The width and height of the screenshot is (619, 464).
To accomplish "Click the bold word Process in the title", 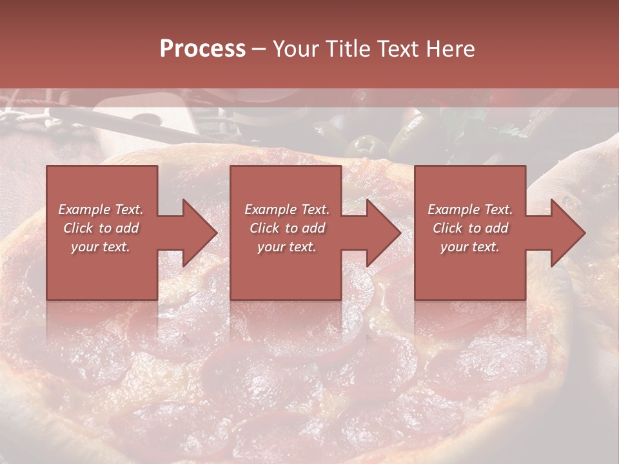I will pos(202,49).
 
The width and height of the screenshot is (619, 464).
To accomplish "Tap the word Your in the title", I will pos(295,49).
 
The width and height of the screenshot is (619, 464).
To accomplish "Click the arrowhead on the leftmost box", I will pos(197,233).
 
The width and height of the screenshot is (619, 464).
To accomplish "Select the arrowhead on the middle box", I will pos(380,233).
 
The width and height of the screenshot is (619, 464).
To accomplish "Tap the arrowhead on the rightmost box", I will pos(565,233).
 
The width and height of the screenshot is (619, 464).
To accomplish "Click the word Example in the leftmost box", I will pos(84,209).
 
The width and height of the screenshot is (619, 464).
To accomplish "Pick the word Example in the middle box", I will pos(270,209).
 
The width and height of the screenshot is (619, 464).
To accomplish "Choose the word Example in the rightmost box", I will pos(453,209).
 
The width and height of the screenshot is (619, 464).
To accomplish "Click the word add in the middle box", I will pos(313,228).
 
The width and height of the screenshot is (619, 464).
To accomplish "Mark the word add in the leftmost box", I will pos(127,228).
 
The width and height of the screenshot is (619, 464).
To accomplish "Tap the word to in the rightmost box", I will pos(475,228).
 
